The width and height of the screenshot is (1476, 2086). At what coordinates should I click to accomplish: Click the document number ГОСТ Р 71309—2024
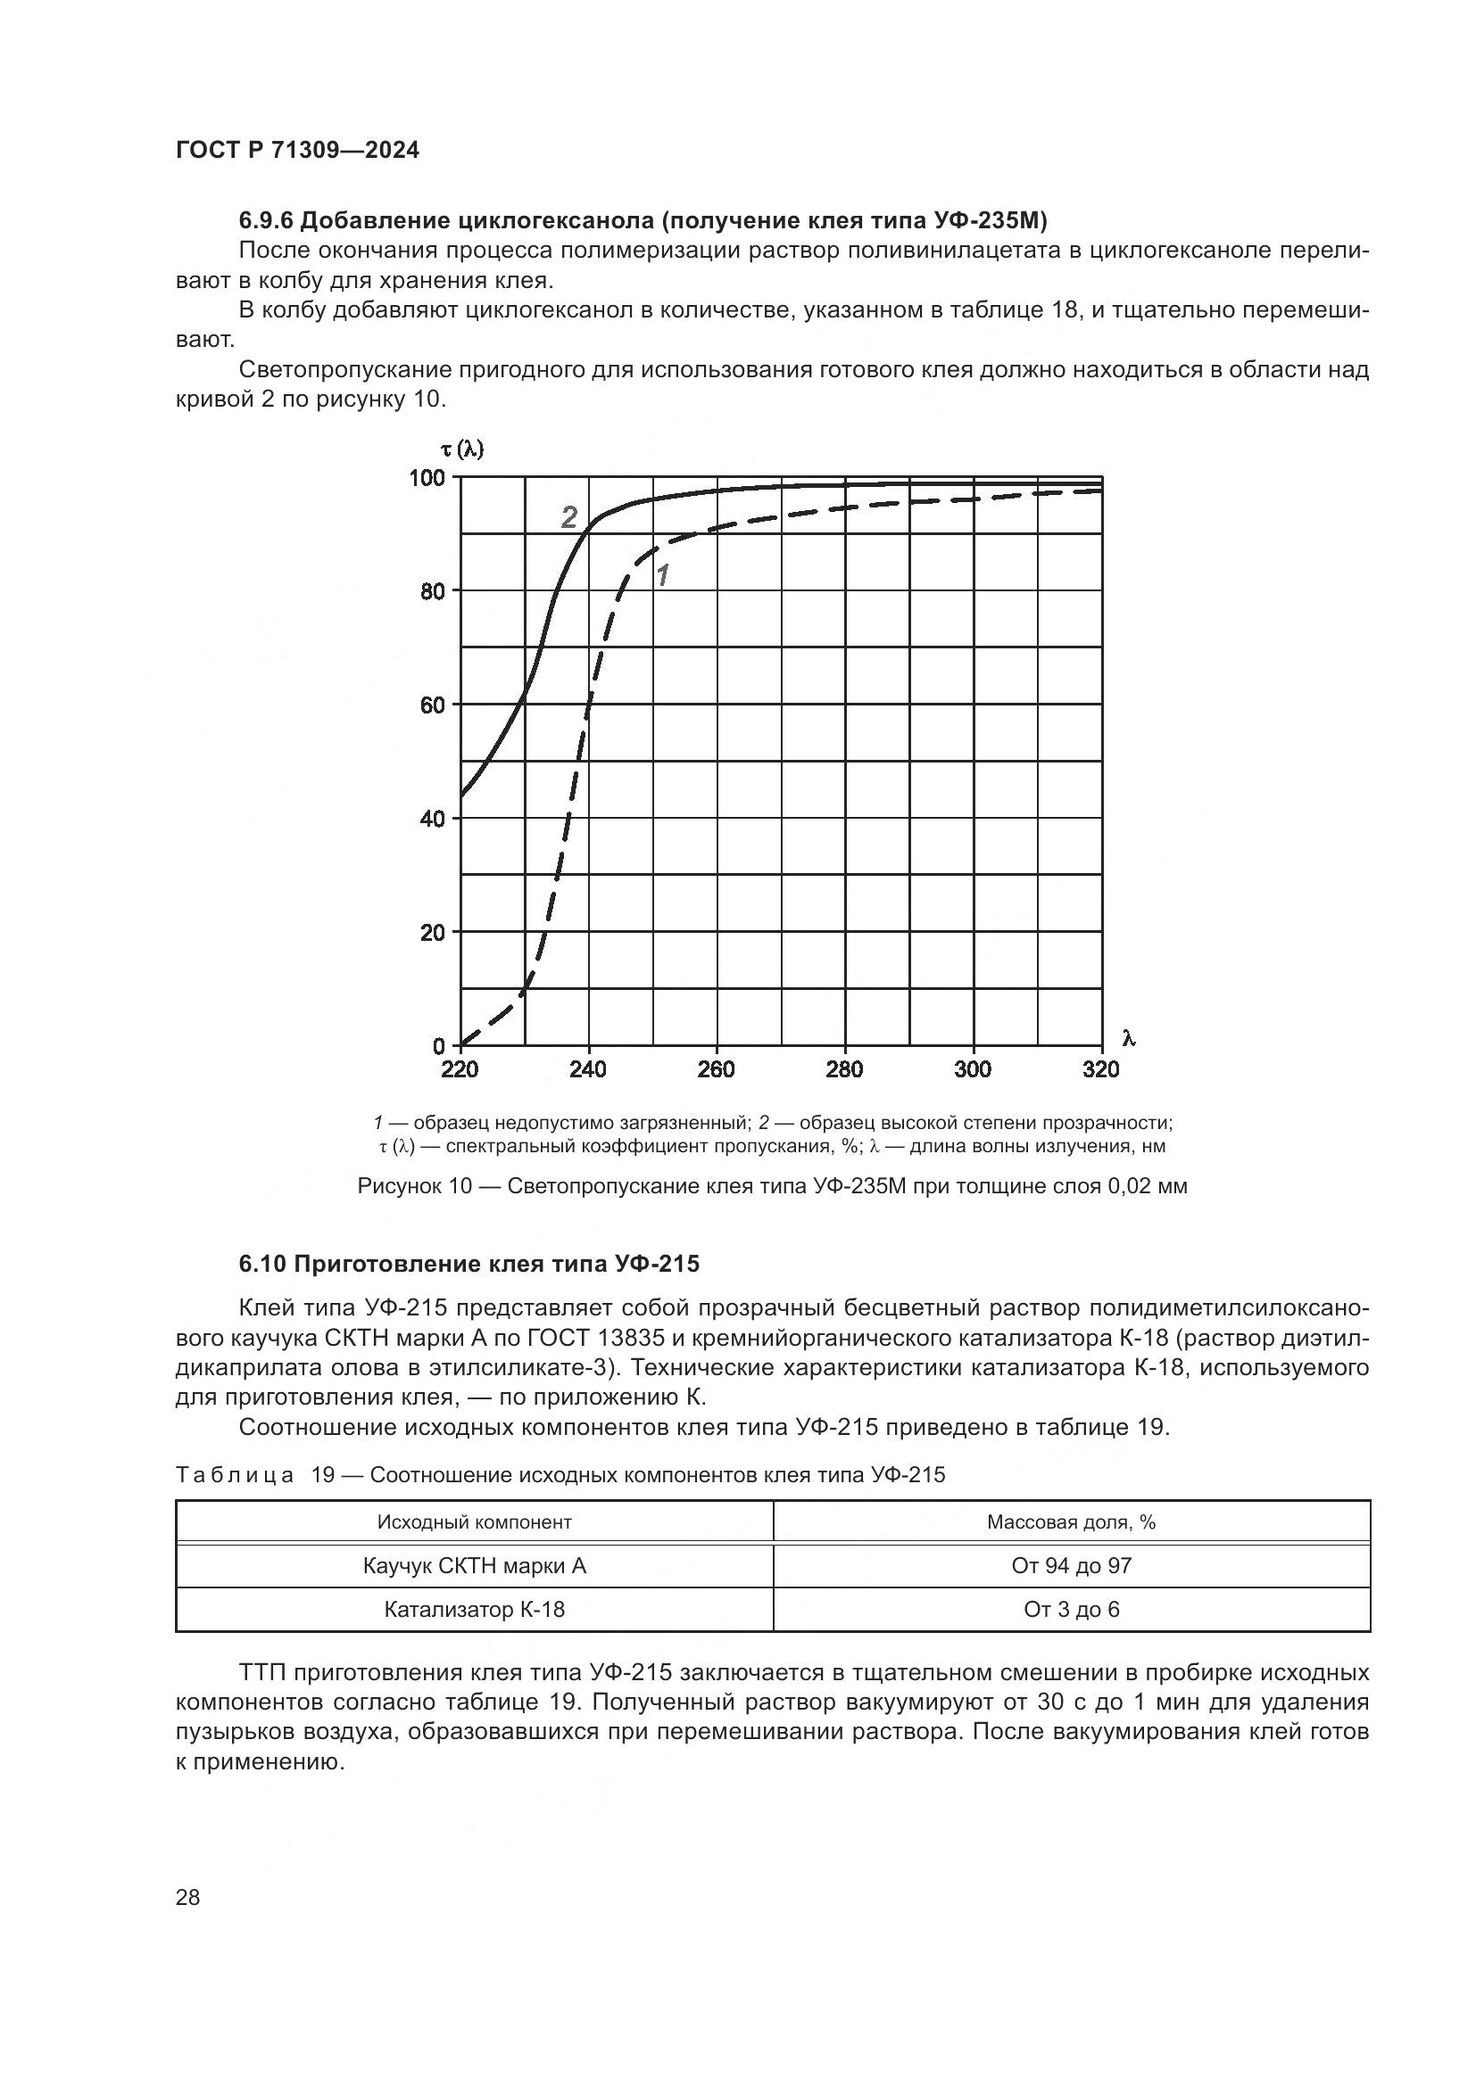click(297, 151)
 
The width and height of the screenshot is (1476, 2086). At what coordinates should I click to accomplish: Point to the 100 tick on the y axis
click(427, 478)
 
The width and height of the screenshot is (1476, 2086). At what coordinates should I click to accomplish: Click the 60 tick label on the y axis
click(433, 705)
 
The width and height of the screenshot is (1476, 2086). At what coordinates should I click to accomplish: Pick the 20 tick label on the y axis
click(433, 933)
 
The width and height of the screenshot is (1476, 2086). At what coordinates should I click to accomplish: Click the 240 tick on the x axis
click(588, 1069)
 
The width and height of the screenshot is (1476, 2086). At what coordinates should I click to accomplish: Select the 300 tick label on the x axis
click(973, 1069)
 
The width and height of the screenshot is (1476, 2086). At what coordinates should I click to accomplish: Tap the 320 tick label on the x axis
click(1100, 1069)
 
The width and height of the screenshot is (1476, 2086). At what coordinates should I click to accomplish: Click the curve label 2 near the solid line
click(569, 518)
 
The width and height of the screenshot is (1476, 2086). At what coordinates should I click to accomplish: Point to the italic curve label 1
click(662, 575)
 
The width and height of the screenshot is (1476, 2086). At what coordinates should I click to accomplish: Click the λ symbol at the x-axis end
click(1129, 1038)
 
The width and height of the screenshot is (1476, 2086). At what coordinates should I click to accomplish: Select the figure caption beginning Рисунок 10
click(772, 1186)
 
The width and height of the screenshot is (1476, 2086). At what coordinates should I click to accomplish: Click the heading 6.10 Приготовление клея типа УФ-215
click(469, 1264)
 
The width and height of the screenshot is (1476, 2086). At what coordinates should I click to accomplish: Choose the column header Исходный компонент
click(475, 1521)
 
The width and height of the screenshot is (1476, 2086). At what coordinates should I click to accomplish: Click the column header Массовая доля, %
click(1071, 1521)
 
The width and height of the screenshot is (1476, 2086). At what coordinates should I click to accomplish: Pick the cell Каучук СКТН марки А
click(475, 1565)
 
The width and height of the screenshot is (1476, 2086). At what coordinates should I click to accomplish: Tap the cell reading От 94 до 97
click(1071, 1565)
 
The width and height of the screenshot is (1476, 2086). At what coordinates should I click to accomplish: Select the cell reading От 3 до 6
click(1071, 1609)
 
